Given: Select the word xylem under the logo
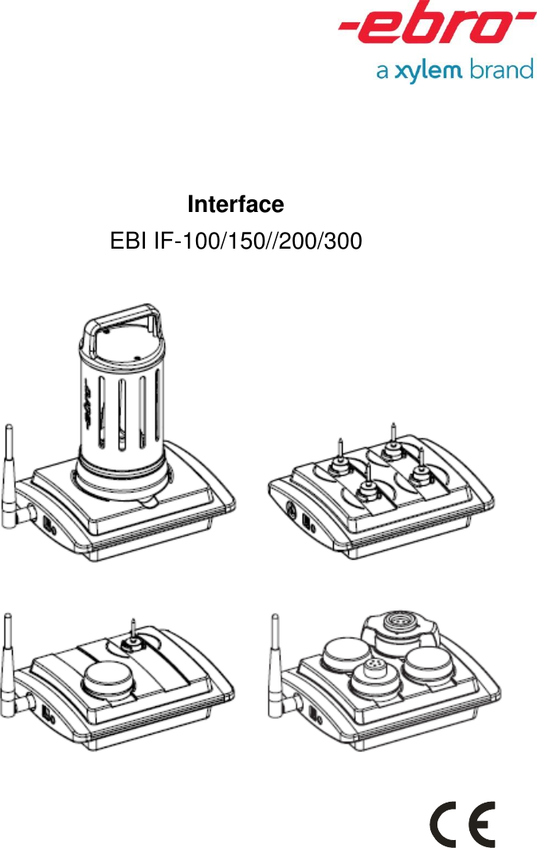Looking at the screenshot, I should (429, 71).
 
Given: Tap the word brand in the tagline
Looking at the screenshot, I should (501, 70).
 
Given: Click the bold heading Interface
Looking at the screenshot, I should (235, 205).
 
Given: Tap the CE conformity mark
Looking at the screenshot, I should (463, 824).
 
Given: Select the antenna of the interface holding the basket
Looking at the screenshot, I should (10, 470).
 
